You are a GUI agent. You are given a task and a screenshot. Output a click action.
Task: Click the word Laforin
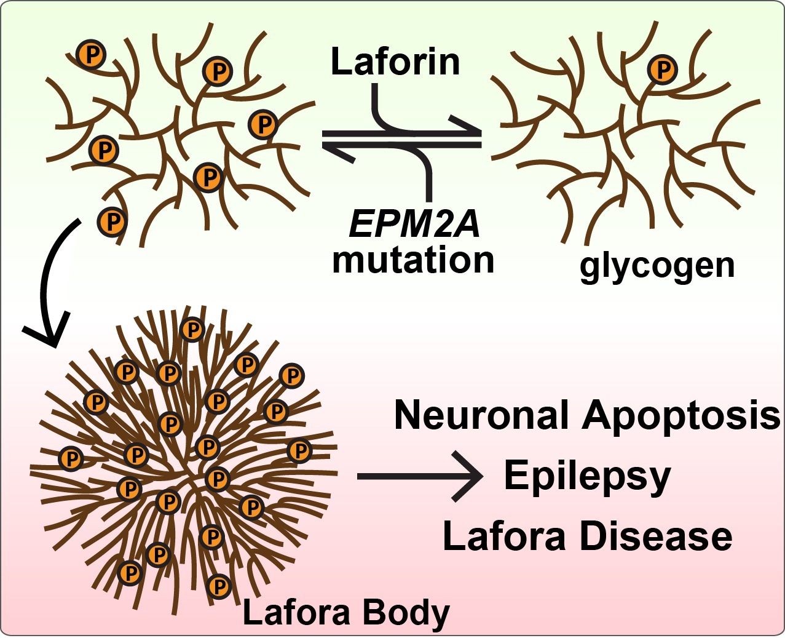tap(395, 62)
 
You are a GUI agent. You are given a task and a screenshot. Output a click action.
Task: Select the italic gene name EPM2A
tap(414, 224)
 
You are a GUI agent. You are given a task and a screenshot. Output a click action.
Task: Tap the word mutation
tap(413, 260)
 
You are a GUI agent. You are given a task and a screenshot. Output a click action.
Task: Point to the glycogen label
tap(657, 266)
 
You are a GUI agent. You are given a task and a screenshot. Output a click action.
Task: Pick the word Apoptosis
tap(681, 417)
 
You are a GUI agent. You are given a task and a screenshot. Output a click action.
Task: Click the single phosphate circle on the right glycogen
tap(663, 70)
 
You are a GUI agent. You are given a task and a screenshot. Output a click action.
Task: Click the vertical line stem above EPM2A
tap(428, 181)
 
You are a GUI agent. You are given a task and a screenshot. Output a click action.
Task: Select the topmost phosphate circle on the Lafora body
tap(192, 330)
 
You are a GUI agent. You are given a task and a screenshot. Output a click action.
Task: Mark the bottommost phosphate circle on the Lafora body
tap(219, 586)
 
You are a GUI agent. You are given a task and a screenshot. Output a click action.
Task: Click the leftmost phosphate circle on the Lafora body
tap(71, 458)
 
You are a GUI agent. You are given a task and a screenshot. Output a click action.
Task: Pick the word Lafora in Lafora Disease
tap(504, 536)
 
